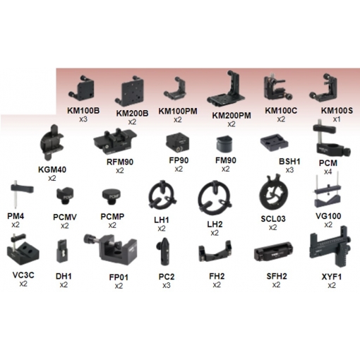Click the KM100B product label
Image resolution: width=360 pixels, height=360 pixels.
83,111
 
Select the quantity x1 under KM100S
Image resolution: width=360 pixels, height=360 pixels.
337,119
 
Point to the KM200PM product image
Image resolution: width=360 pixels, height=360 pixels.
226,89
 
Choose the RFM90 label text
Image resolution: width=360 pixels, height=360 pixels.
120,162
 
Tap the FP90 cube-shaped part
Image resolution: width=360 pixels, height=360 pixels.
178,143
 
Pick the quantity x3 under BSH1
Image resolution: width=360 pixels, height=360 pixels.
289,170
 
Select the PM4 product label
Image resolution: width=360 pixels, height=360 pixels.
16,216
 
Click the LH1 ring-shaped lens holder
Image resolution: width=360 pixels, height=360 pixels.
162,196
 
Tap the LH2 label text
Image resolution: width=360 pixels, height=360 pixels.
215,224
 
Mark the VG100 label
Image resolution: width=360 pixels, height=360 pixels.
328,216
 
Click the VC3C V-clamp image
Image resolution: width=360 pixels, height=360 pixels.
23,249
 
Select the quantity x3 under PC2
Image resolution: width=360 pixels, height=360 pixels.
167,285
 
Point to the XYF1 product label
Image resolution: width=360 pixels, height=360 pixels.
332,277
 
